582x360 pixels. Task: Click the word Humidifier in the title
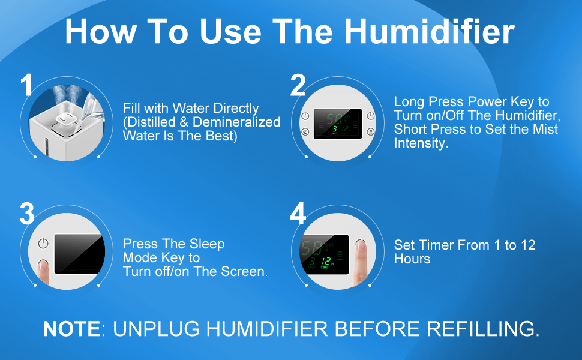click(430, 31)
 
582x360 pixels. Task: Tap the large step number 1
click(27, 85)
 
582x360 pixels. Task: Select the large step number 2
click(298, 85)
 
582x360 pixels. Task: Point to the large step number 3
click(27, 214)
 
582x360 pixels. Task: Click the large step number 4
click(298, 214)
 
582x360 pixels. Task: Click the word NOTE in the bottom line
click(71, 329)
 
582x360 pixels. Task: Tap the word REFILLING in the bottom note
click(483, 329)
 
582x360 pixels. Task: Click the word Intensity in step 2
click(421, 143)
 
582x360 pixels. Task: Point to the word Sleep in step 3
click(207, 244)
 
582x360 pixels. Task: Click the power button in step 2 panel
click(305, 115)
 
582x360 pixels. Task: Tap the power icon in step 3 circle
click(43, 243)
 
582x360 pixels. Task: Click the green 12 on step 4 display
click(326, 261)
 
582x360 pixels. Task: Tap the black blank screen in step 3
click(78, 254)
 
